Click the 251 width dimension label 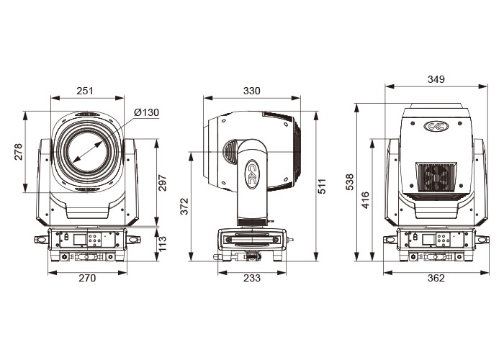tap(85, 91)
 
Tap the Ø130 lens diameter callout tap(146, 112)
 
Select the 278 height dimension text tap(18, 152)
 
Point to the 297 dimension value tap(163, 183)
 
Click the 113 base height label tap(163, 244)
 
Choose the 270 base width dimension tap(87, 278)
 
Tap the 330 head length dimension tap(252, 91)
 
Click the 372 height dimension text tap(184, 207)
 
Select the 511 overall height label tap(321, 186)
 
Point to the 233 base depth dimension tap(252, 278)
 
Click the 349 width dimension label tap(436, 79)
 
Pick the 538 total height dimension tap(349, 182)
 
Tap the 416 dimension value tap(366, 200)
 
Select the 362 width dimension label tap(436, 278)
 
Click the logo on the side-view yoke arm tap(252, 174)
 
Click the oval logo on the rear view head tap(436, 126)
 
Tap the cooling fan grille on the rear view tap(436, 177)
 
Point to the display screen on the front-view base tap(79, 240)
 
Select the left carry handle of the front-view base tap(41, 240)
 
